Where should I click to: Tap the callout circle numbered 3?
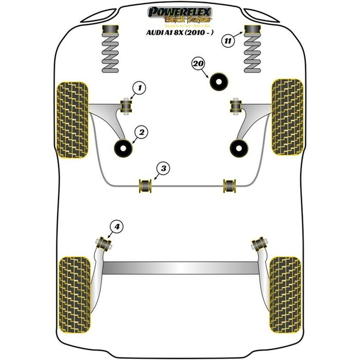(163, 168)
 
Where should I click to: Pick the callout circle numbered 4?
(117, 226)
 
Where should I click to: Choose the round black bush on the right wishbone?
(238, 148)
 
